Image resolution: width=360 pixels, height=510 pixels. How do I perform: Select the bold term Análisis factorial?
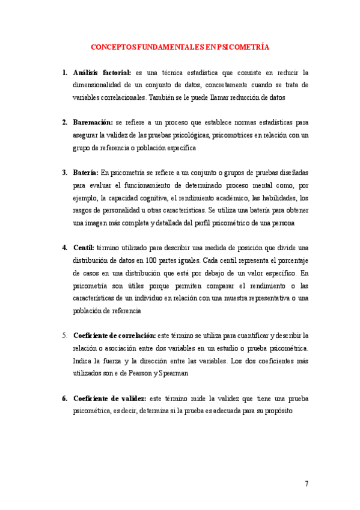point(102,73)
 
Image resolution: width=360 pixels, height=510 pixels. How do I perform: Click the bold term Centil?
point(84,247)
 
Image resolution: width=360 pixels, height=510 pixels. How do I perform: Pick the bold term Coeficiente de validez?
point(109,398)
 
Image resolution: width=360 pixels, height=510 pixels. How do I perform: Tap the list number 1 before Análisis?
point(64,73)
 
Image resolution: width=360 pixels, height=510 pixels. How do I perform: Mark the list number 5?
point(64,334)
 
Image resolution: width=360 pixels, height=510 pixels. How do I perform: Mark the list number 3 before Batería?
point(64,173)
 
